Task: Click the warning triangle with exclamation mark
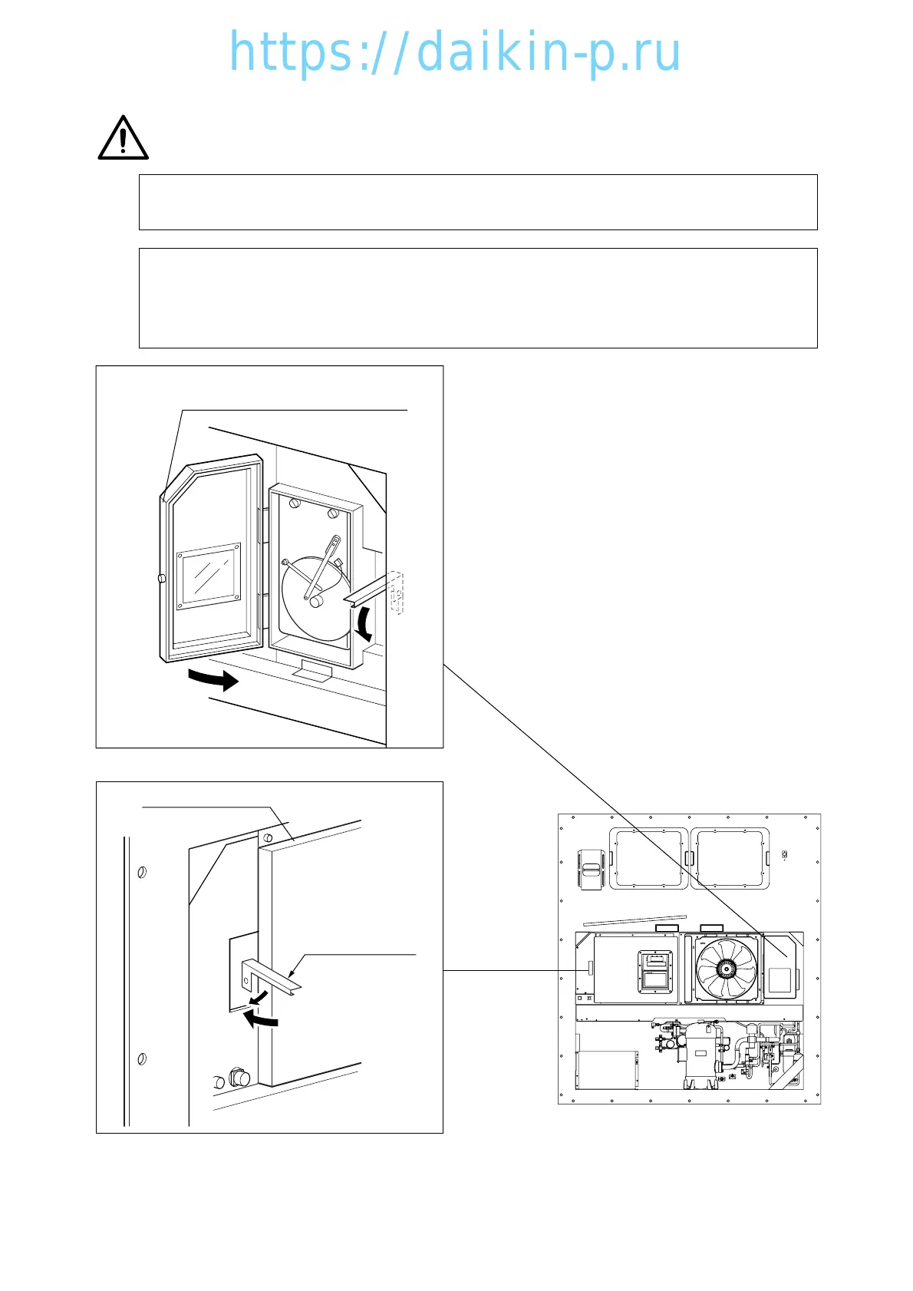(x=123, y=138)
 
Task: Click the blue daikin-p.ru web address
(x=455, y=52)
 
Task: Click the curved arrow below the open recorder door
(x=214, y=679)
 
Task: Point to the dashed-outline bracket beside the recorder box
(x=396, y=593)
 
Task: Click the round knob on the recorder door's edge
(x=160, y=578)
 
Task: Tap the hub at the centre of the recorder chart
(x=315, y=603)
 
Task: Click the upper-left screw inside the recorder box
(x=294, y=504)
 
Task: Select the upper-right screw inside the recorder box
(x=333, y=513)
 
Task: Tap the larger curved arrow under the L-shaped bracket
(x=260, y=1019)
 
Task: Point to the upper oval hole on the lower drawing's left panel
(x=142, y=872)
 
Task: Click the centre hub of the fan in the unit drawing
(x=725, y=968)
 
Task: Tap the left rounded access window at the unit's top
(x=646, y=857)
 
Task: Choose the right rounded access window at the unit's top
(x=730, y=857)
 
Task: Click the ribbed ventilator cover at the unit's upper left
(x=591, y=870)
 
